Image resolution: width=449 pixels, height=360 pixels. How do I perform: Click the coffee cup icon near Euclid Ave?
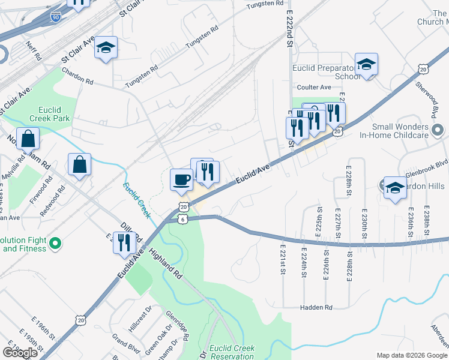pos(182,179)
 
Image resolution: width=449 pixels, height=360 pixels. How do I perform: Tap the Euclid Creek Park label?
pos(46,113)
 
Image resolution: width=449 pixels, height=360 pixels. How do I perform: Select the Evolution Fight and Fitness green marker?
pos(55,244)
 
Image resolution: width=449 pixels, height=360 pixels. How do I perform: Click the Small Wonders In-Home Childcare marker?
pos(438,130)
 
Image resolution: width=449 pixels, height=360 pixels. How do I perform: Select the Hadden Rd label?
pos(316,307)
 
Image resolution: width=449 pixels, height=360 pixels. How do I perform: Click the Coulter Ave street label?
pos(313,88)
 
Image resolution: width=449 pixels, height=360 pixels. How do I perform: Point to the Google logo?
pos(20,352)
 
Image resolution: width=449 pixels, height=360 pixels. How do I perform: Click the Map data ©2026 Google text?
pos(411,355)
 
